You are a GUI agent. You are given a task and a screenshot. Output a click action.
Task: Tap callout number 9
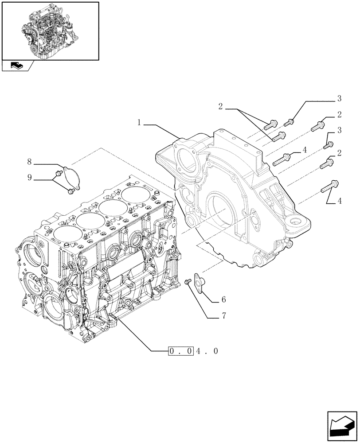[30, 178]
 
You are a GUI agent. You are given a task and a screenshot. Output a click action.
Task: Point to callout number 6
[223, 300]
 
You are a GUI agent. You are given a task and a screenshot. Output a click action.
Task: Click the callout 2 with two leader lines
[220, 106]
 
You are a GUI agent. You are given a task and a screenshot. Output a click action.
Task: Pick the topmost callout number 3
[339, 98]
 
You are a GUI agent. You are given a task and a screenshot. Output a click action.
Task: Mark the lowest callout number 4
[339, 202]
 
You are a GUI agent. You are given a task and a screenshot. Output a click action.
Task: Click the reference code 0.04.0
[193, 351]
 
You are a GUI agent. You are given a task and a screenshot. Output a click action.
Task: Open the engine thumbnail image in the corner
[50, 31]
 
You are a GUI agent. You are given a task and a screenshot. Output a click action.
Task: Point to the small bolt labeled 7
[187, 281]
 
